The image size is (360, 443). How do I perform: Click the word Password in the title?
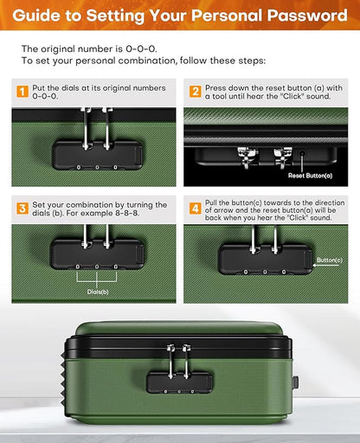(305, 16)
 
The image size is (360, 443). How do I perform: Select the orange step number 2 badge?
(196, 91)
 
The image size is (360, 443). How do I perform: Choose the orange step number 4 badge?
(196, 209)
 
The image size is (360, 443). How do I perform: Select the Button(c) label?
(329, 259)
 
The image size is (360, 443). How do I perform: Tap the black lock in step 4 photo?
(264, 257)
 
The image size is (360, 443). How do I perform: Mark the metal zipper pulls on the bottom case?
(179, 357)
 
